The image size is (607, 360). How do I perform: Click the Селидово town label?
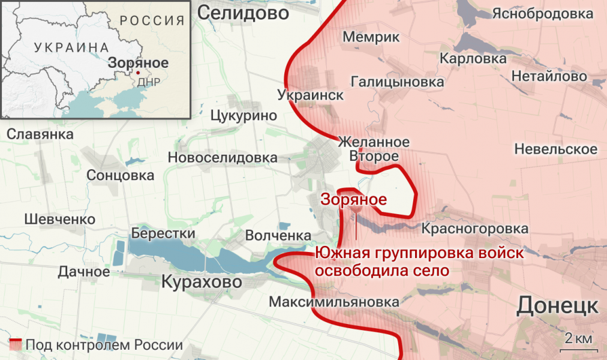coord(243,12)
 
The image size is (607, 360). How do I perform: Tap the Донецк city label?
coord(557,305)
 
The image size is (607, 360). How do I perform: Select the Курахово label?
coord(202,281)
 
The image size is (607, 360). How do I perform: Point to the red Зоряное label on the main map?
coord(354,200)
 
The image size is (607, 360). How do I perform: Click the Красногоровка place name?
coord(475,229)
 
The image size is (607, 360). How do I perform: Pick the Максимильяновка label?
coord(334,302)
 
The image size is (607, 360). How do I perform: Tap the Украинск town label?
coord(311,95)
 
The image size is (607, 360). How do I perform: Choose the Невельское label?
coord(555,149)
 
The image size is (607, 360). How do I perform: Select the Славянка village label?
coord(40,134)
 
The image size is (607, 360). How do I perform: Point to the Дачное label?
coord(84,272)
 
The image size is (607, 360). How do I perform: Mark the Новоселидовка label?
coord(223,158)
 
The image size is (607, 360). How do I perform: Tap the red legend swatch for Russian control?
coord(16,345)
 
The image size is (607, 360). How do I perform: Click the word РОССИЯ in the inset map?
coord(152,20)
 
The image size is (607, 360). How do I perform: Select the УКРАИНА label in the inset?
coord(71,47)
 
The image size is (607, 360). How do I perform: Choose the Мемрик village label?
coord(371,37)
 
